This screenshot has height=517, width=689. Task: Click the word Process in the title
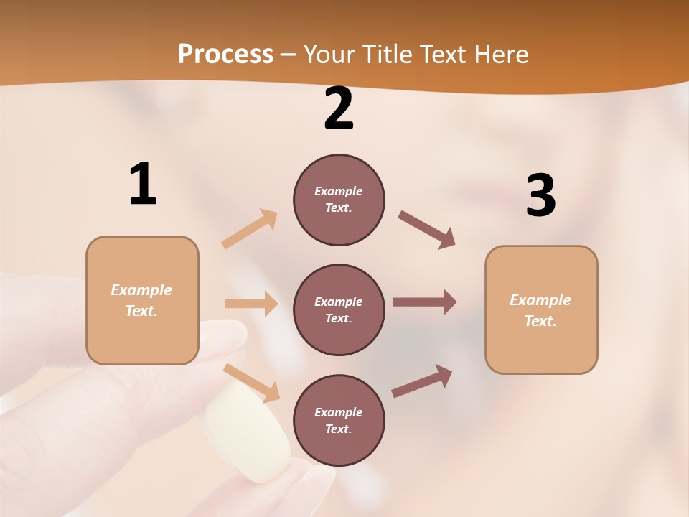point(225,55)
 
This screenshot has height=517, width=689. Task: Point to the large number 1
point(143,185)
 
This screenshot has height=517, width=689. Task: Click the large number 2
point(339,108)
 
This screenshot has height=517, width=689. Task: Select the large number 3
point(540,196)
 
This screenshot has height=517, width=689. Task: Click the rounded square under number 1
point(142,300)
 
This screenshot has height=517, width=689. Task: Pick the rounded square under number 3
point(541,309)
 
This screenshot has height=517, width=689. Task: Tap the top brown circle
point(339,200)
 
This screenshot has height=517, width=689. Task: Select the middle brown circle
point(339,309)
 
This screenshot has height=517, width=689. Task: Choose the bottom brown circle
point(339,420)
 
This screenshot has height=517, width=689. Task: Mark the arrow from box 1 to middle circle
point(251,304)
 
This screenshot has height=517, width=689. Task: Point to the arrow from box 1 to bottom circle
point(252,383)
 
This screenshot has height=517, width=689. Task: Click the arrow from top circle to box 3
point(427,229)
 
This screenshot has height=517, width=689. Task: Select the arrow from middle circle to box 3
point(425,302)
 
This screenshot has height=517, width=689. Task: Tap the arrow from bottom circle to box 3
point(422,381)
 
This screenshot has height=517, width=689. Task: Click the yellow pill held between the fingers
point(247,431)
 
